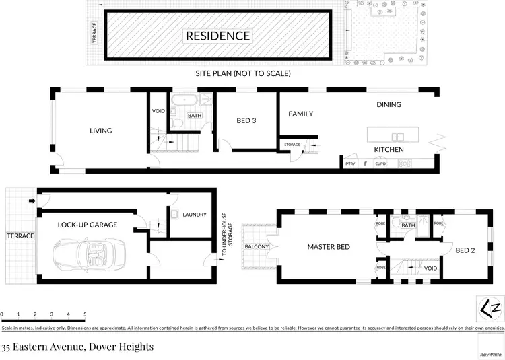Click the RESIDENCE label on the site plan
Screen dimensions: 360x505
pos(217,36)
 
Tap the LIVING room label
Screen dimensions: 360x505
pos(101,131)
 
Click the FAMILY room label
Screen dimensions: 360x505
pos(301,114)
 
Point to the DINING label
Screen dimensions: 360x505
pos(389,104)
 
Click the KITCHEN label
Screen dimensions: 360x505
pos(389,149)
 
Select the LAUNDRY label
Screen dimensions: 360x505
pos(194,215)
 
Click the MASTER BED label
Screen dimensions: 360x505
pos(329,247)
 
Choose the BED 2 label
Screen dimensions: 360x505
pos(465,250)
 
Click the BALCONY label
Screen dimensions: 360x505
pos(257,246)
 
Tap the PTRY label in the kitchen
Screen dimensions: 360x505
pos(350,164)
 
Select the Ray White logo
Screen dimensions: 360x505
pos(491,353)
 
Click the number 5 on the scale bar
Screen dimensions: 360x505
pos(85,314)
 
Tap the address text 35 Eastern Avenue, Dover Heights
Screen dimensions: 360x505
pos(77,347)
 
